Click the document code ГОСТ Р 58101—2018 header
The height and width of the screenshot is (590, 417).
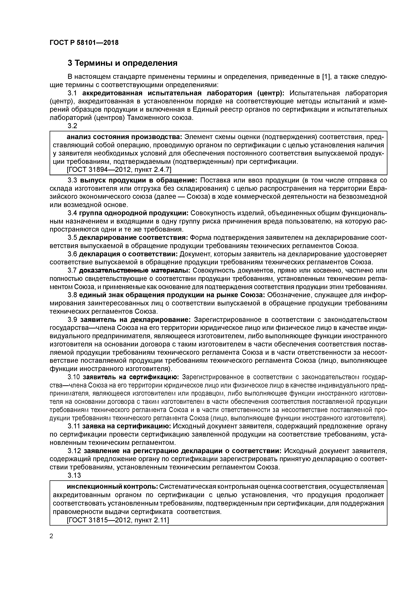(84, 43)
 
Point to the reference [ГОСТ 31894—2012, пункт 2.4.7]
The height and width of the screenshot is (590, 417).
(119, 170)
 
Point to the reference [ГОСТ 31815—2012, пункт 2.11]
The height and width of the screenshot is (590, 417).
(118, 520)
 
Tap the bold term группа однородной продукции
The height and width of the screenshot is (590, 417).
(134, 213)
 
